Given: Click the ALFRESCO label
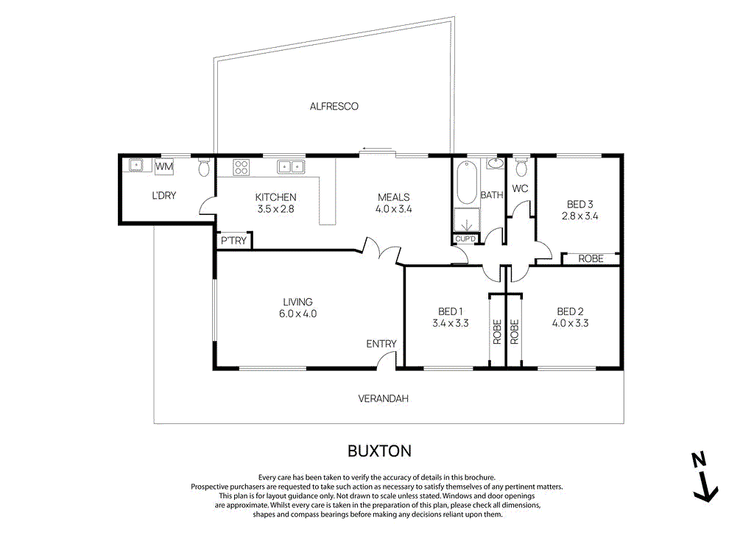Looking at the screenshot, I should tap(334, 107).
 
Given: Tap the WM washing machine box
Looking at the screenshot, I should tap(164, 167).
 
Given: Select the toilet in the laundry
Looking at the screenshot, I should tap(203, 168).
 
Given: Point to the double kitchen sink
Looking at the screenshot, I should tap(291, 167).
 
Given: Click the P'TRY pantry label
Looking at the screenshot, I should tap(233, 241).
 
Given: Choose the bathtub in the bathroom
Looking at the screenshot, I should tap(466, 183).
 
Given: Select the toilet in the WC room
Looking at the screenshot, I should tap(521, 168).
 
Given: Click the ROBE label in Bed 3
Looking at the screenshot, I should tap(591, 259).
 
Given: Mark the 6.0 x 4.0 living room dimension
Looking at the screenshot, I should tap(297, 314).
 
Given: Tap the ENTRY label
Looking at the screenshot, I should tap(381, 344).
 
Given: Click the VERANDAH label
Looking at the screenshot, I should tap(383, 399).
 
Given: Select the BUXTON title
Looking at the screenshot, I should tap(378, 450).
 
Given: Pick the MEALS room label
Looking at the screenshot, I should tap(393, 197).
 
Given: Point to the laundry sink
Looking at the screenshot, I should tap(136, 166).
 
